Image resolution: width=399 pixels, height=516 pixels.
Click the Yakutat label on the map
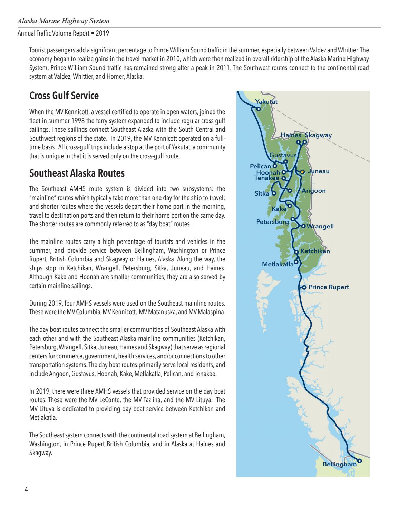tap(266, 101)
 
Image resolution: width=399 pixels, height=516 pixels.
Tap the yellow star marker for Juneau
tap(302, 171)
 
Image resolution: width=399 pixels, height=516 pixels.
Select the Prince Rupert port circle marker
tap(304, 287)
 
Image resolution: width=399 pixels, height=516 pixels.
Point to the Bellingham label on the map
tap(339, 464)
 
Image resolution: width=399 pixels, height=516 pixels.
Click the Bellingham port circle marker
tap(359, 461)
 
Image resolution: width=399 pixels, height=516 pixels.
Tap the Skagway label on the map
tap(318, 135)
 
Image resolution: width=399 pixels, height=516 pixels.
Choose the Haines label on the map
tap(291, 135)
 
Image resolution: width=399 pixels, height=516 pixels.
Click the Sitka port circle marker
tap(274, 193)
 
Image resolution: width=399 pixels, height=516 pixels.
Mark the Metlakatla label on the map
tap(278, 264)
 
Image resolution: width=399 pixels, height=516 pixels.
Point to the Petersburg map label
tap(272, 222)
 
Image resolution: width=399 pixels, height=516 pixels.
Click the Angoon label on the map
tap(313, 191)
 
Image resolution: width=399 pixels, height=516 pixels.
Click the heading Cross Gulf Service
tap(64, 96)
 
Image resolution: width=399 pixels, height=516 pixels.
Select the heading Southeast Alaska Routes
tap(77, 173)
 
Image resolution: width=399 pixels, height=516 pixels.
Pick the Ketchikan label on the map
tap(315, 251)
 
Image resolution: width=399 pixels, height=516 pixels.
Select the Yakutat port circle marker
tap(258, 109)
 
